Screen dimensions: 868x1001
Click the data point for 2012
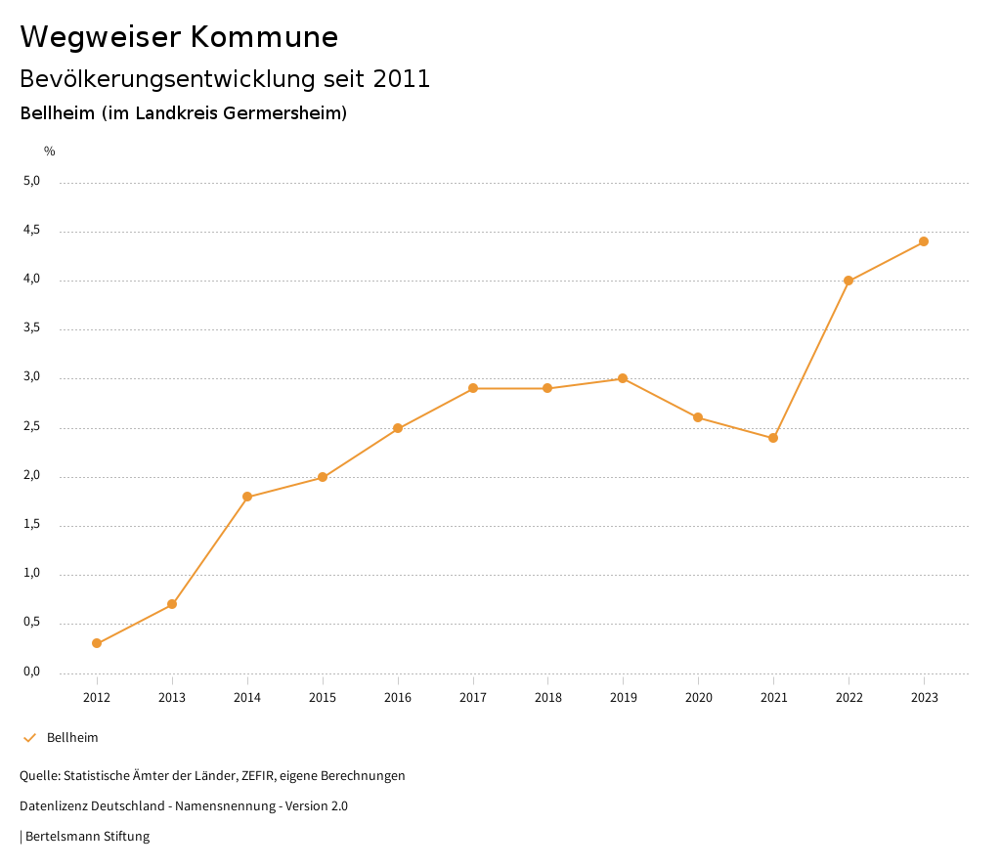[x=97, y=643]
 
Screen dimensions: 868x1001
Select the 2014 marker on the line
[x=247, y=497]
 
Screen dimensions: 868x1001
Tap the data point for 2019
[x=623, y=378]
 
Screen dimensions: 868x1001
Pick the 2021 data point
[x=773, y=438]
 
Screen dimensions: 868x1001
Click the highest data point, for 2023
[x=924, y=241]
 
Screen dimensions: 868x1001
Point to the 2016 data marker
[x=398, y=428]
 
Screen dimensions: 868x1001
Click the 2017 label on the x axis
[x=473, y=698]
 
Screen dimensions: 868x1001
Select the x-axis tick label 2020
[x=698, y=698]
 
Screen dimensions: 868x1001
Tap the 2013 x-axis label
[x=172, y=698]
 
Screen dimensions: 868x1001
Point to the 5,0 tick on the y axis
[x=32, y=181]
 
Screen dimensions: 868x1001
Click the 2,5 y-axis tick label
[x=32, y=427]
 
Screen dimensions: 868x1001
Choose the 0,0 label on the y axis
[x=32, y=673]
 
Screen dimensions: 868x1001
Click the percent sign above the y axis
[x=50, y=152]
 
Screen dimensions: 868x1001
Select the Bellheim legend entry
[x=72, y=738]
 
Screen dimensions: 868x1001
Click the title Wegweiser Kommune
[x=179, y=37]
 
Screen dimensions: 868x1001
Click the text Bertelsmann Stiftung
[x=87, y=837]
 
